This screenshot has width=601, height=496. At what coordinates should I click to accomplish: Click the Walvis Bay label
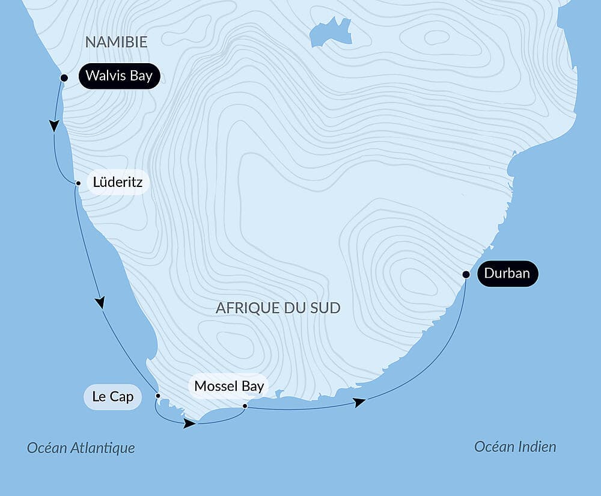coord(119,76)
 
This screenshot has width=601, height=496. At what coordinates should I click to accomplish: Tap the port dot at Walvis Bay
coord(64,78)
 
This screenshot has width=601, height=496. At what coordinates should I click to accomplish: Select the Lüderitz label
coord(118,182)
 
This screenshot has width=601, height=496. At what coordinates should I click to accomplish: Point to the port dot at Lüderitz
coord(78,183)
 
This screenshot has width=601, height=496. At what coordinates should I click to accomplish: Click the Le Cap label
coord(113,397)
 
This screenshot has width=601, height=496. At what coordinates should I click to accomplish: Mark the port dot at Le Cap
coord(158,396)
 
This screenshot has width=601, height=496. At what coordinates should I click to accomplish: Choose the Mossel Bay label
coord(229,386)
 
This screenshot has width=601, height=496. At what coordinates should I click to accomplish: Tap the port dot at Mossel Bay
coord(245,406)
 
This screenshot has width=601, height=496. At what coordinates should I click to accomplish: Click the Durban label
coord(507,274)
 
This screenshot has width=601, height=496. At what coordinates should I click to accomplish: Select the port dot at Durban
coord(465,274)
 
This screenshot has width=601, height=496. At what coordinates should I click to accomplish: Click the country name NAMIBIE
coord(116,41)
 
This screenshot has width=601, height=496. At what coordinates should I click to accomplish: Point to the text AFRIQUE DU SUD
coord(278,308)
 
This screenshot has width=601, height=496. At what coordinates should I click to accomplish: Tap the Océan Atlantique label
coord(81,448)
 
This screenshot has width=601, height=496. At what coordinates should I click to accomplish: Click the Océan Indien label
coord(515,447)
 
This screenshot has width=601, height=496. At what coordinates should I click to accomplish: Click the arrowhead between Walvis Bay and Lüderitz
coord(54,126)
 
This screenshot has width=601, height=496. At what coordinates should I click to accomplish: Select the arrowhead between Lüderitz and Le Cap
coord(100,302)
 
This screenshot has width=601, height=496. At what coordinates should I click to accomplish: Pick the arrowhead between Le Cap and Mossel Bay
coord(189,423)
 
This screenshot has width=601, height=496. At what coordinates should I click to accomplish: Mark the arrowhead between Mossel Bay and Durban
coord(359,402)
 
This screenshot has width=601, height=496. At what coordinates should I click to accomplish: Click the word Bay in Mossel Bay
coord(252,386)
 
